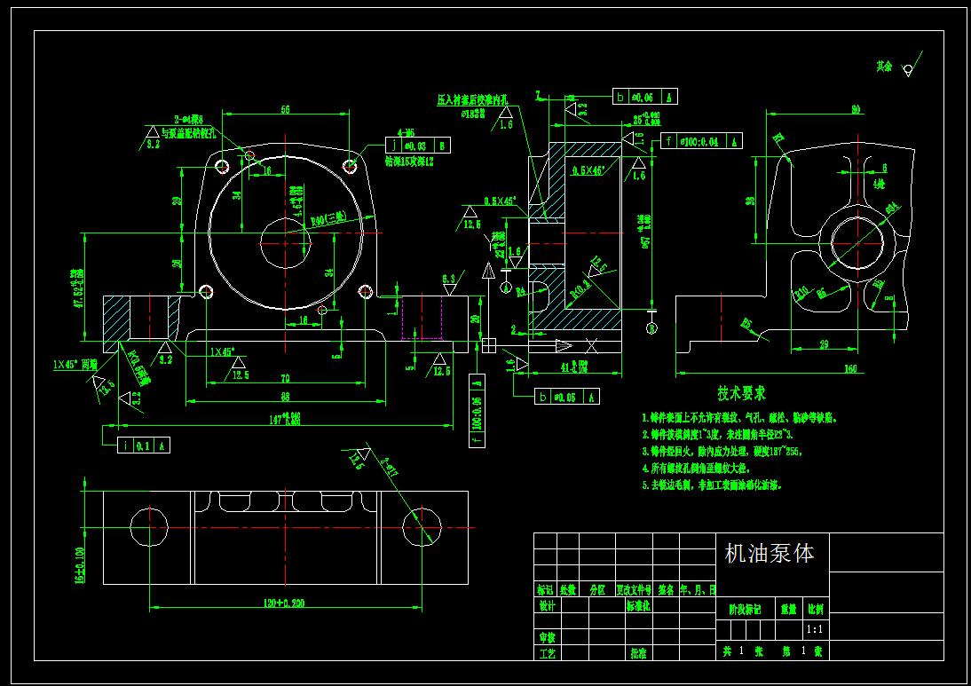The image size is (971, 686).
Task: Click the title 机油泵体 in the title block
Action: [x=770, y=555]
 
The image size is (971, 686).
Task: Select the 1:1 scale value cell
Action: [x=814, y=629]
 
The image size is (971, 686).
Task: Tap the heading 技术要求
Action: [x=742, y=393]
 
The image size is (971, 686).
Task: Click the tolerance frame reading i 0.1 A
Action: [x=144, y=446]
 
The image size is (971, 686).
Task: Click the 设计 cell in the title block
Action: [x=547, y=606]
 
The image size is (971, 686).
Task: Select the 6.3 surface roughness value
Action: [x=449, y=279]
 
